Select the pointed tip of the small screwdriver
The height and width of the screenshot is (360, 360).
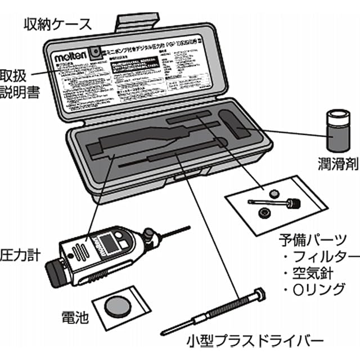(164, 332)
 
